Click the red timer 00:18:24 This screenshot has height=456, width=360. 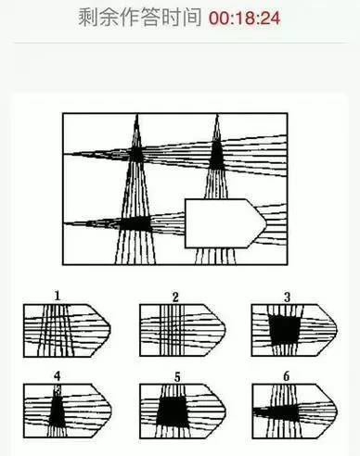click(x=245, y=18)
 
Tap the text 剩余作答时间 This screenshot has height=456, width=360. click(x=139, y=18)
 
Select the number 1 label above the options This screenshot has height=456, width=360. click(x=58, y=296)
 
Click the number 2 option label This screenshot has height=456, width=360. click(x=175, y=297)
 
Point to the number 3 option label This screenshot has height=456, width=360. click(x=287, y=297)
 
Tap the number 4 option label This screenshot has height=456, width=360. click(x=58, y=376)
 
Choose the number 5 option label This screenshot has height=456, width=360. click(x=177, y=377)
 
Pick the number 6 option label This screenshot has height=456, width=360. click(x=287, y=376)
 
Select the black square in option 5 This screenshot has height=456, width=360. click(x=172, y=412)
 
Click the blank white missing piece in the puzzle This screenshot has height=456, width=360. click(x=225, y=223)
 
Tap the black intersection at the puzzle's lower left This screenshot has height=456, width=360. click(x=135, y=224)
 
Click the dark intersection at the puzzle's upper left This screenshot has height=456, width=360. click(x=136, y=154)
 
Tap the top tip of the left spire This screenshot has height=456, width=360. click(x=137, y=115)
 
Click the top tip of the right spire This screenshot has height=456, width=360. click(x=217, y=115)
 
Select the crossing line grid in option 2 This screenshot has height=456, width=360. click(x=172, y=330)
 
